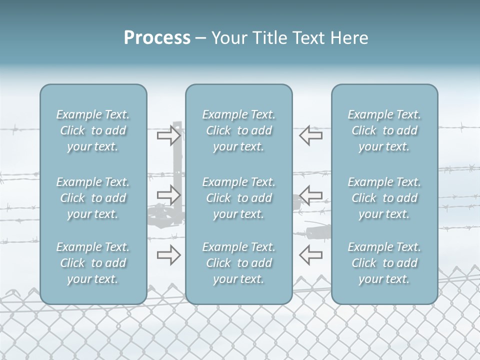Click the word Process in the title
(157, 38)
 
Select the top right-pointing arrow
(168, 135)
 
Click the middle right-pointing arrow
(168, 195)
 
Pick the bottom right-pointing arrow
(168, 255)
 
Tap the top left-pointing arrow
(310, 135)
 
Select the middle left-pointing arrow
(310, 195)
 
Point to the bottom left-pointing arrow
(310, 255)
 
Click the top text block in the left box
(93, 130)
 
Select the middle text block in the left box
(93, 198)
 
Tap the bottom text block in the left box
(93, 263)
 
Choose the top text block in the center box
(238, 130)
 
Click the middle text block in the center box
(238, 198)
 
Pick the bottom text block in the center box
(238, 263)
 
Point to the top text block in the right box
(384, 130)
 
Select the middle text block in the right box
(384, 198)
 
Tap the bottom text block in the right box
(384, 263)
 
